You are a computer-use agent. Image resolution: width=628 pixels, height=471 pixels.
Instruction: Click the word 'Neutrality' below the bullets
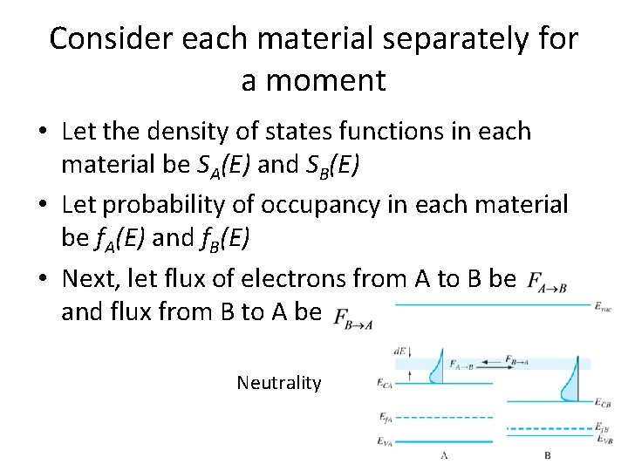278,383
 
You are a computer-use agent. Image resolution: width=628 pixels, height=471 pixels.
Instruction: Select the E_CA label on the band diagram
386,383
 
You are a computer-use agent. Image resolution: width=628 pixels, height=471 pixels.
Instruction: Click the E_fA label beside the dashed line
386,416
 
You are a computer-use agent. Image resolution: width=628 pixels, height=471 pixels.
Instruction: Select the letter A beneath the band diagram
445,455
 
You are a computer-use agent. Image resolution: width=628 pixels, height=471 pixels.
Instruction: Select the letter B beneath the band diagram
547,455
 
